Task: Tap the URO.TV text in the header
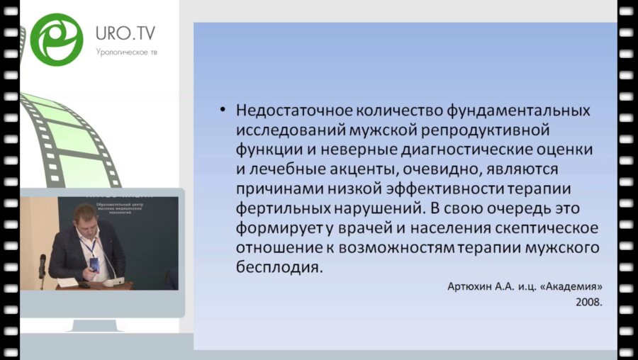[x=125, y=33]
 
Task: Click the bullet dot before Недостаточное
[x=223, y=111]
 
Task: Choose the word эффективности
[x=454, y=191]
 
